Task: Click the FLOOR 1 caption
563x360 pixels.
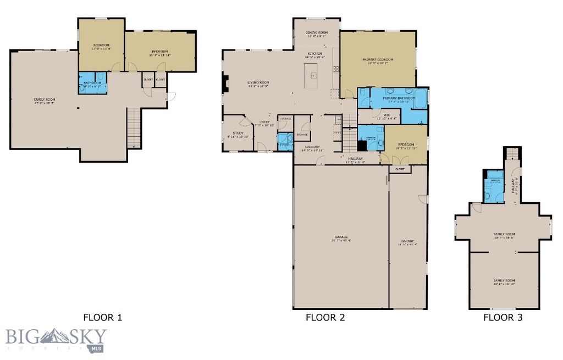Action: pos(102,317)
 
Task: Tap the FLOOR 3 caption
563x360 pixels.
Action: pos(503,317)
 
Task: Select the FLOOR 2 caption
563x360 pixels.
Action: pos(325,317)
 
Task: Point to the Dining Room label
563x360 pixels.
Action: pos(317,33)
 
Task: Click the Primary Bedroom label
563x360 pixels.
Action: pos(378,59)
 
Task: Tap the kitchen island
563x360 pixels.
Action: pos(312,75)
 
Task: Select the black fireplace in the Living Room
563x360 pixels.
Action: pos(225,83)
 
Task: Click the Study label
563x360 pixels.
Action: pos(238,133)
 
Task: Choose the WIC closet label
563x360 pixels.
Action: pos(379,115)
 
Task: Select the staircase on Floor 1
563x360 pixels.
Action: pos(133,128)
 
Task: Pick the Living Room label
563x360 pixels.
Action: pos(258,83)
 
